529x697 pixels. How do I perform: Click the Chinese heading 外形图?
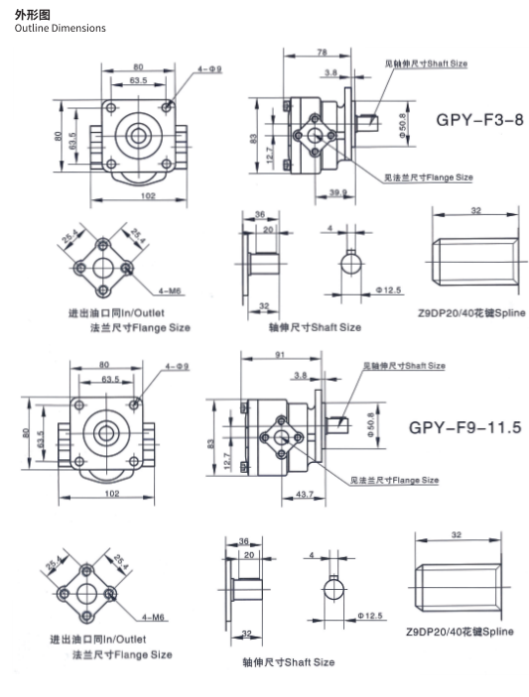click(x=29, y=13)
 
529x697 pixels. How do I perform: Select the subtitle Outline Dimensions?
click(x=60, y=28)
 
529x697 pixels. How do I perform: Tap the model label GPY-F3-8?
click(x=478, y=120)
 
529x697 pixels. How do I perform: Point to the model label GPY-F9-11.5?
click(x=464, y=428)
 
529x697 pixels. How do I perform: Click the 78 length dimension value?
click(x=322, y=52)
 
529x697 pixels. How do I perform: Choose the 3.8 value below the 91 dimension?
click(x=301, y=376)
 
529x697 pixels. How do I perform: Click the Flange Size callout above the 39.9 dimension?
click(x=429, y=177)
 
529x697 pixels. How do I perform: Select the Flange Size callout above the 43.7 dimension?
click(x=394, y=480)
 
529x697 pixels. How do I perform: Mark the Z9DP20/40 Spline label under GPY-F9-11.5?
click(x=460, y=631)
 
